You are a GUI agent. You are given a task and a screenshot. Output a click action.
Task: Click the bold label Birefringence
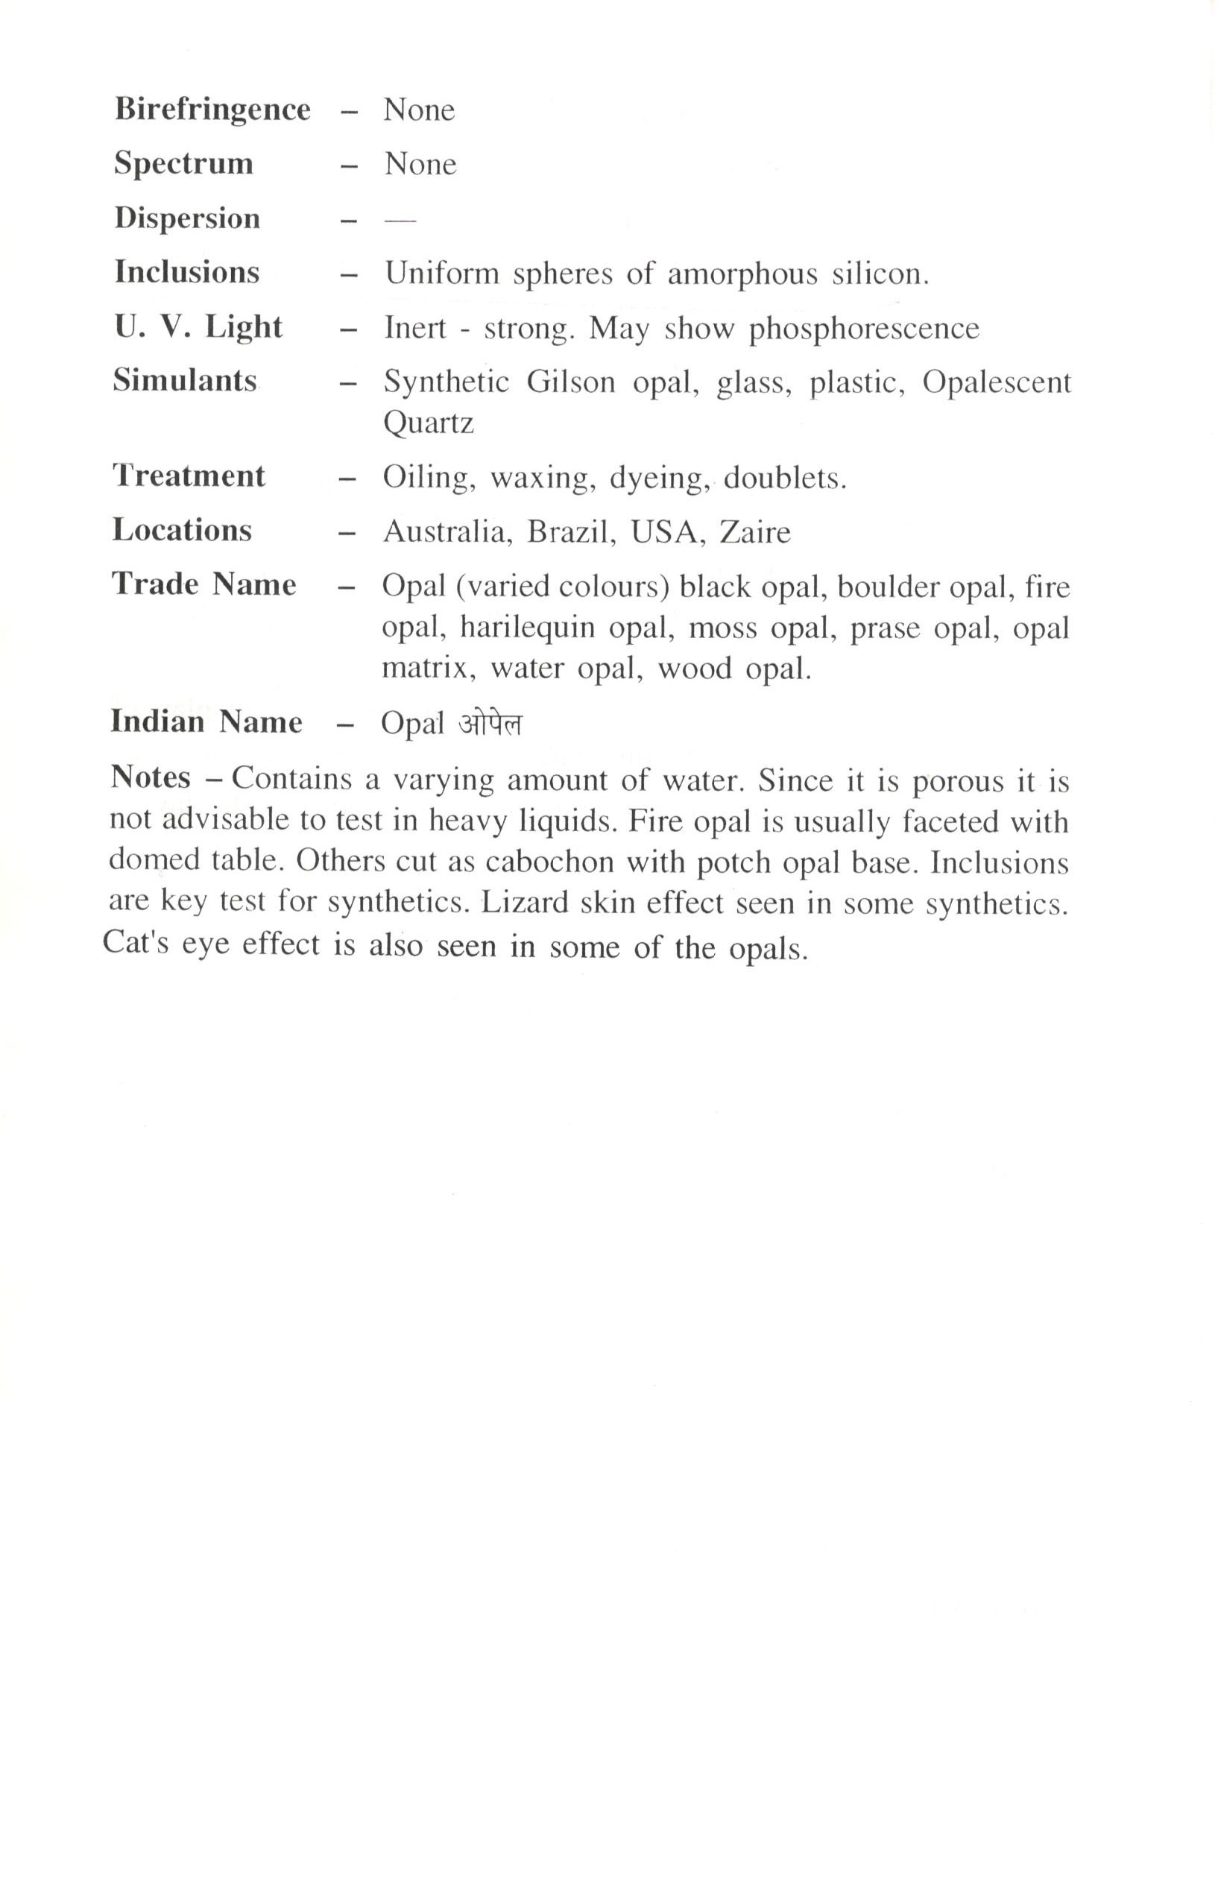click(x=212, y=110)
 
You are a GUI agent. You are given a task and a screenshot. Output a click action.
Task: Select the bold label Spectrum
click(x=183, y=164)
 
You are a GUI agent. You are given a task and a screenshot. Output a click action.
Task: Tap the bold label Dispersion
click(x=186, y=218)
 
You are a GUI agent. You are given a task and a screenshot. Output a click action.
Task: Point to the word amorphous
click(x=742, y=274)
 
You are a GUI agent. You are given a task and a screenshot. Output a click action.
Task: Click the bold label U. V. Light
click(x=198, y=326)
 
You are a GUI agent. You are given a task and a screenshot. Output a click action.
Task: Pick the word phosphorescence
click(x=864, y=329)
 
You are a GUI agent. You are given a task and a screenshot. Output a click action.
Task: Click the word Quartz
click(x=428, y=423)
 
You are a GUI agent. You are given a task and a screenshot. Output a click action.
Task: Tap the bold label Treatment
click(x=189, y=476)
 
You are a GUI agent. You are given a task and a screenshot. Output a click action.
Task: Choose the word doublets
click(x=785, y=479)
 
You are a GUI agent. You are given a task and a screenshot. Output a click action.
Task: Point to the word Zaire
click(x=754, y=532)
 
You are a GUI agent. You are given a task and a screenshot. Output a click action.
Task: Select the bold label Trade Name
click(x=204, y=584)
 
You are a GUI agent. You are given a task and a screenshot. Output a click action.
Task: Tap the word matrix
click(x=428, y=669)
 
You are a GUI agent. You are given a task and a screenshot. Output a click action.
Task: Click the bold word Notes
click(x=151, y=777)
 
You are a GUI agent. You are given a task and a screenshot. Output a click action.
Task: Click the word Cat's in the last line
click(x=135, y=944)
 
